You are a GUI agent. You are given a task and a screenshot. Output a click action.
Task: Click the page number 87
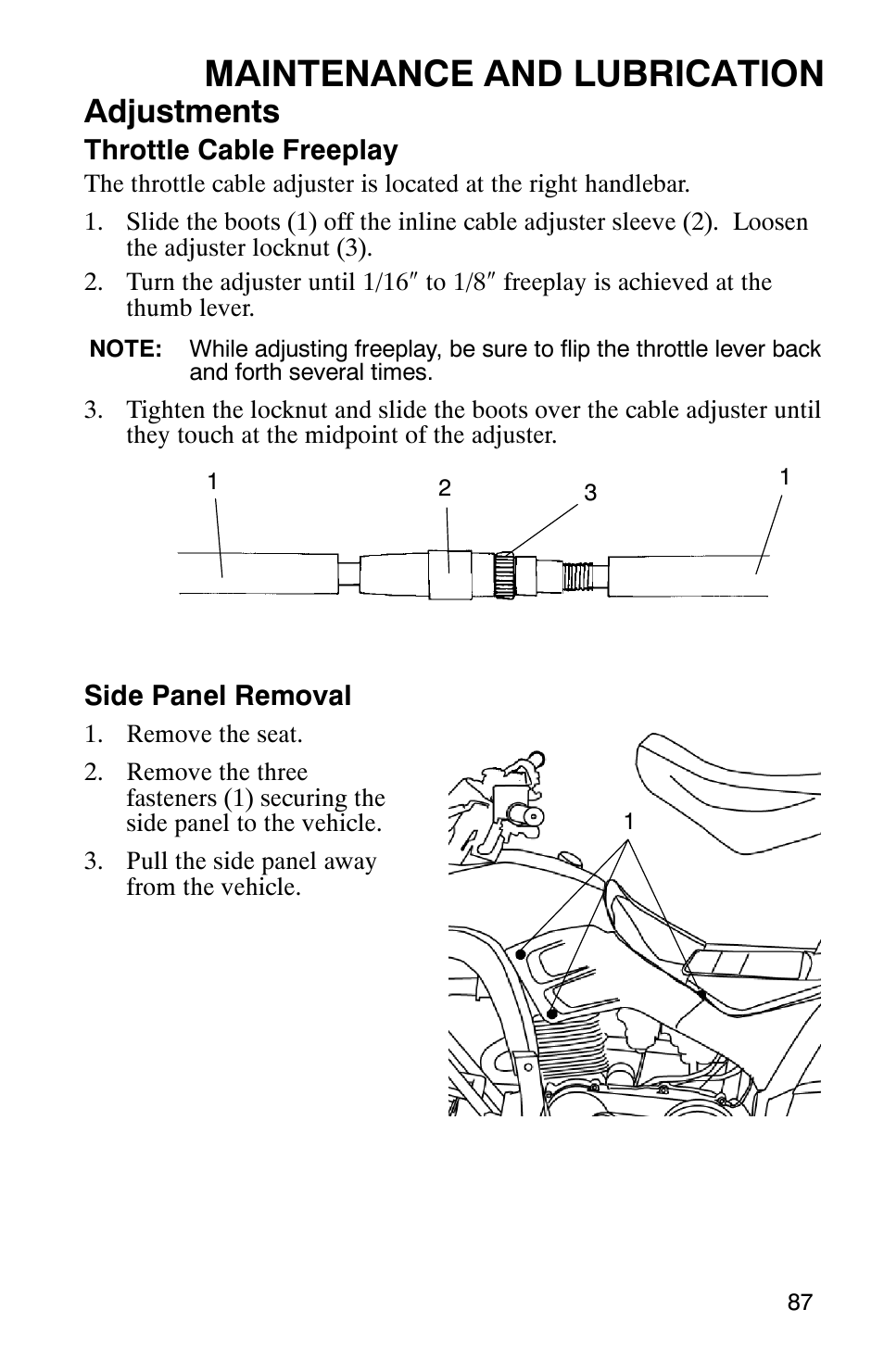pyautogui.click(x=800, y=1302)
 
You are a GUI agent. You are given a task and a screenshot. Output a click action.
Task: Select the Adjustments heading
pyautogui.click(x=182, y=112)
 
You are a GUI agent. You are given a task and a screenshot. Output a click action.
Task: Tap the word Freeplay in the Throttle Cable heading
pyautogui.click(x=353, y=150)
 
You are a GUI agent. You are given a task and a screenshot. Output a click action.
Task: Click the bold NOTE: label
pyautogui.click(x=126, y=349)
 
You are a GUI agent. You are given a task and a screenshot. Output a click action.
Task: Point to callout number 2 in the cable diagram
pyautogui.click(x=445, y=488)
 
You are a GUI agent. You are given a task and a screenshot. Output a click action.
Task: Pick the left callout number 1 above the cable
pyautogui.click(x=212, y=482)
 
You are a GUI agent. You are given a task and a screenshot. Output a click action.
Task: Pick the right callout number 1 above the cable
pyautogui.click(x=784, y=477)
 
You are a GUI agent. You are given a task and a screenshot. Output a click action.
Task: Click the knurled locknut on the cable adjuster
pyautogui.click(x=503, y=575)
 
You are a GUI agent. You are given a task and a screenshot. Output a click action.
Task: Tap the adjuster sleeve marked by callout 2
pyautogui.click(x=450, y=574)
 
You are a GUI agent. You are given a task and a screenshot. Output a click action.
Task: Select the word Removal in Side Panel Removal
pyautogui.click(x=307, y=696)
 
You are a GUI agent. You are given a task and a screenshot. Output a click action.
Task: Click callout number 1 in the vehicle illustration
pyautogui.click(x=628, y=822)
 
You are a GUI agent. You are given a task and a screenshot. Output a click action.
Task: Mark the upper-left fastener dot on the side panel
pyautogui.click(x=522, y=953)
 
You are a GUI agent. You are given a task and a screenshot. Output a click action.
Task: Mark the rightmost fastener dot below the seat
pyautogui.click(x=701, y=995)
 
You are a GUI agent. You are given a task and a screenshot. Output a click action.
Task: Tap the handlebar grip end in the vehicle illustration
pyautogui.click(x=533, y=814)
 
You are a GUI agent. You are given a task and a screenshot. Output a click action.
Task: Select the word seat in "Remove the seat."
pyautogui.click(x=281, y=735)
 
